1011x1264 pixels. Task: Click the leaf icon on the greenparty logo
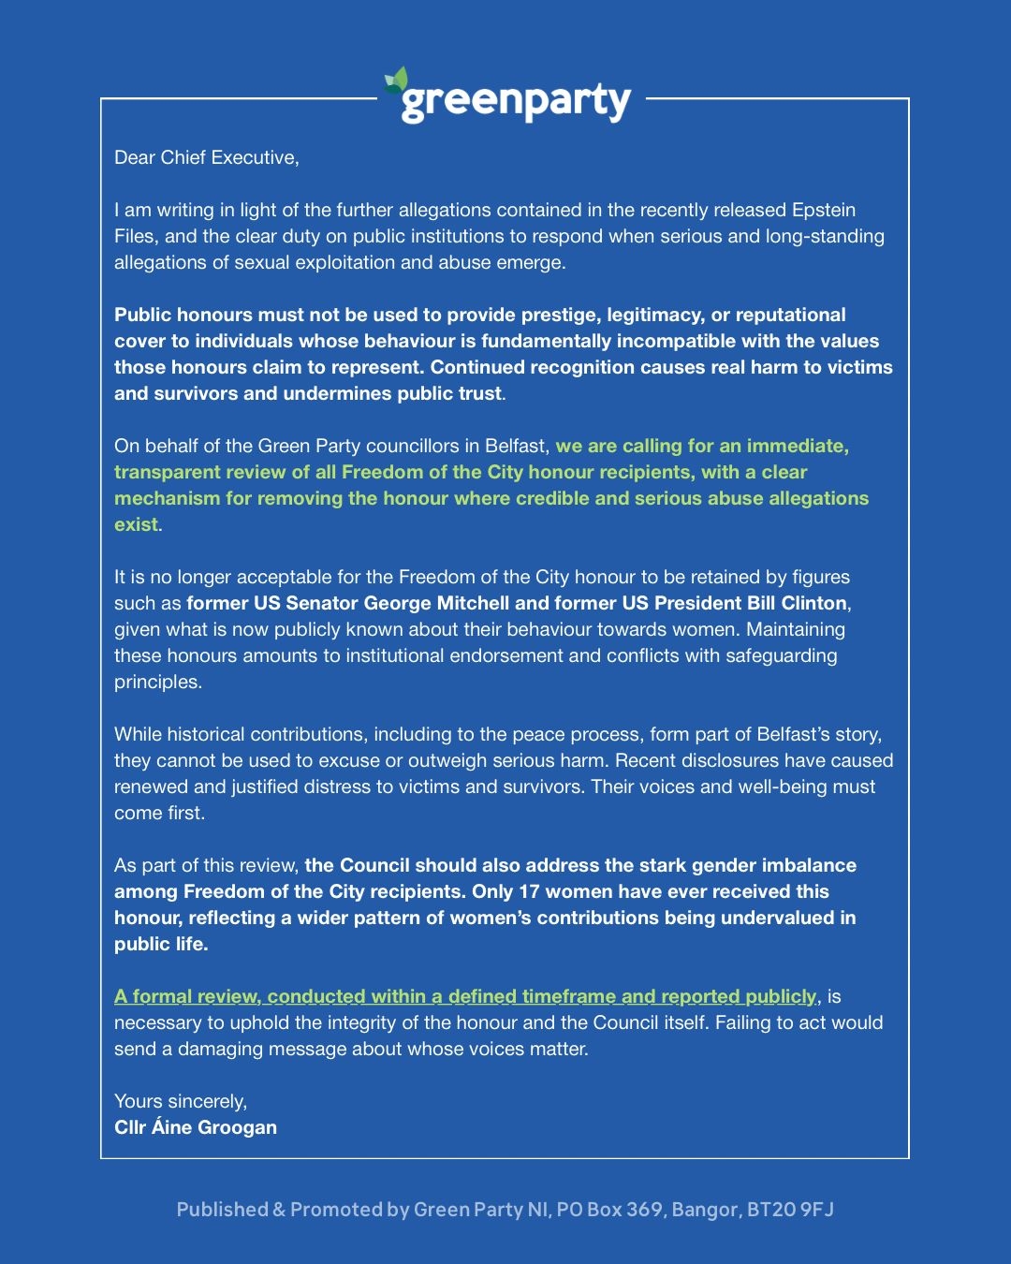397,81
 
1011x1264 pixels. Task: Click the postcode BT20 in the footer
769,1210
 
